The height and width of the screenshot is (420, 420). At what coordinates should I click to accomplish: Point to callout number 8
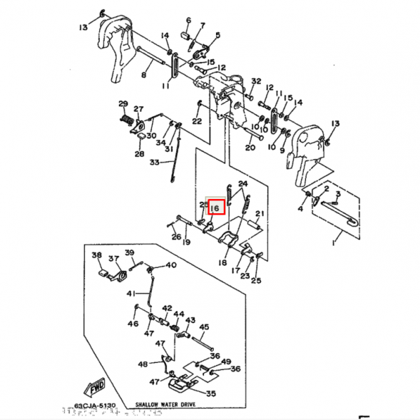pos(143,75)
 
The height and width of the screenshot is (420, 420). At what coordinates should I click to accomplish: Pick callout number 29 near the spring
pos(123,103)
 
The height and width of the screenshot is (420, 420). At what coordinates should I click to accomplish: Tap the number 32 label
pos(257,81)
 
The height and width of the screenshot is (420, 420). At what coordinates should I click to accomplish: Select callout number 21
pos(260,214)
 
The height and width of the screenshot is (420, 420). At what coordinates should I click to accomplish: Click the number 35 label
pos(210,393)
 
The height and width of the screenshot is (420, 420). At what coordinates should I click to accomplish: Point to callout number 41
pos(131,294)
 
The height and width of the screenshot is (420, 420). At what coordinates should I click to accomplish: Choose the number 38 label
pos(96,255)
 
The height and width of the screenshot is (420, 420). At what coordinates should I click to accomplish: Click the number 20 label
pos(250,148)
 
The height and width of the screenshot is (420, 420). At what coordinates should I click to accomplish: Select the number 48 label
pos(143,364)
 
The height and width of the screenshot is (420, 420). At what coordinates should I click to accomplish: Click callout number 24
pos(243,184)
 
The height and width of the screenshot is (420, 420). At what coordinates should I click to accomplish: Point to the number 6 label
pos(188,21)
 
